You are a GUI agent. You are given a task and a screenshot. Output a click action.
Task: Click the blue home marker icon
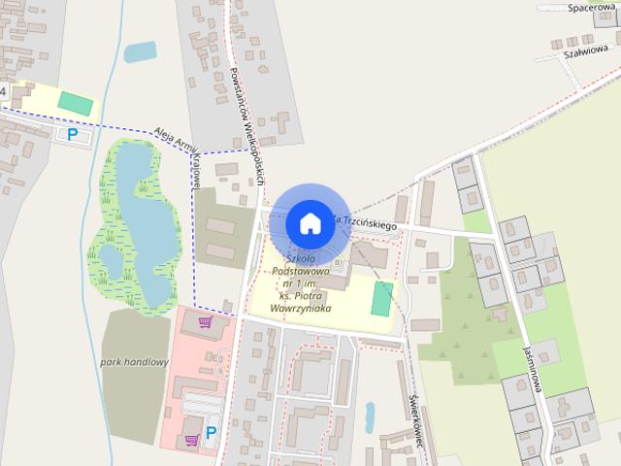(x=310, y=222)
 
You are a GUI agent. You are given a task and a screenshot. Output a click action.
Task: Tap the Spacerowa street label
(x=591, y=7)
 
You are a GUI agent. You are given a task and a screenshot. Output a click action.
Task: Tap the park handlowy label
(x=134, y=362)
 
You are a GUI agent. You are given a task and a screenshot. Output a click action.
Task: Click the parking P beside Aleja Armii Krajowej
(x=72, y=134)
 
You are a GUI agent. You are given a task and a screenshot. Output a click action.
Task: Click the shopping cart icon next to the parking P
(x=191, y=439)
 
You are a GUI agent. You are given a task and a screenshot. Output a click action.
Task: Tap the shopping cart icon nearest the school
(x=206, y=321)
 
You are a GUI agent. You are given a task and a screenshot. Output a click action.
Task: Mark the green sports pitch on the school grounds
(x=382, y=298)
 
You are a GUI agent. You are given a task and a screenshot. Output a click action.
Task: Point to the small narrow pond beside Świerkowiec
(x=370, y=416)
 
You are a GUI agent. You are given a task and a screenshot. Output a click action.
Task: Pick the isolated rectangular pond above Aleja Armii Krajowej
(x=140, y=50)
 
